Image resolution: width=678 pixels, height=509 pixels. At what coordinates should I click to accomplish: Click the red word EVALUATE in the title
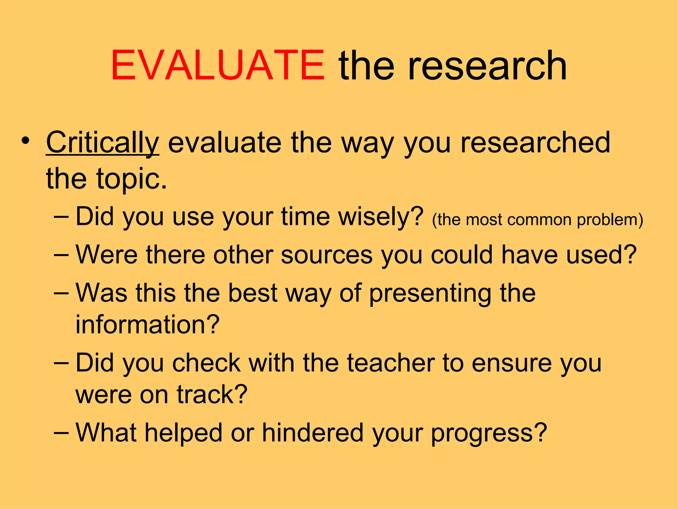coord(218,65)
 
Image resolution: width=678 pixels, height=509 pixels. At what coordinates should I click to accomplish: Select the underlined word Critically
coord(103,142)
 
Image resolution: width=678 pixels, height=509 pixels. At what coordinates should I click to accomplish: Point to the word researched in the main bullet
coord(535,142)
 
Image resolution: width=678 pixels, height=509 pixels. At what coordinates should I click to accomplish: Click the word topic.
coord(132,179)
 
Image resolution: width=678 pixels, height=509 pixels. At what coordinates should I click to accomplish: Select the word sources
coord(326,255)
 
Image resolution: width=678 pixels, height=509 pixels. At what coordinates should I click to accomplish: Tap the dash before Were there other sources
coord(61,255)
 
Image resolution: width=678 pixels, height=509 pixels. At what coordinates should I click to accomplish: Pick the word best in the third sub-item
coord(253,294)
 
